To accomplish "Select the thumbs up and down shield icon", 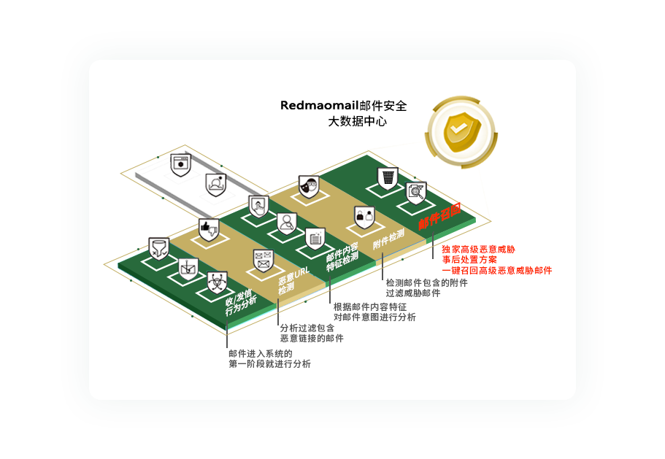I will pyautogui.click(x=208, y=228).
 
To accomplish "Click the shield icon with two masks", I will pyautogui.click(x=309, y=187).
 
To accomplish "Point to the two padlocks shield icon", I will pyautogui.click(x=364, y=217).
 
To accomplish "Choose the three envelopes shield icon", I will pyautogui.click(x=263, y=259).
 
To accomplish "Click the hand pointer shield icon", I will pyautogui.click(x=258, y=206).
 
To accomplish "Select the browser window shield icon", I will pyautogui.click(x=180, y=165).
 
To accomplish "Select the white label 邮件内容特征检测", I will pyautogui.click(x=342, y=255).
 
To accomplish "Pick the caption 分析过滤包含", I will pyautogui.click(x=307, y=328).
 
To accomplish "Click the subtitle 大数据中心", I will pyautogui.click(x=357, y=122).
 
